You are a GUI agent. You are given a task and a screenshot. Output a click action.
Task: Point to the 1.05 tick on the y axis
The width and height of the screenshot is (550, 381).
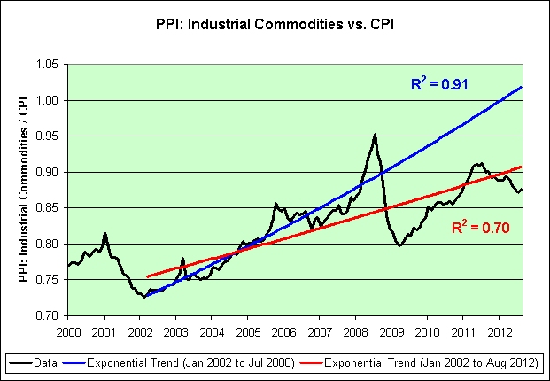pos(46,65)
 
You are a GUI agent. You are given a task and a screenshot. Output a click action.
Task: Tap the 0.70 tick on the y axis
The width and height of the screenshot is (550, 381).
pos(46,315)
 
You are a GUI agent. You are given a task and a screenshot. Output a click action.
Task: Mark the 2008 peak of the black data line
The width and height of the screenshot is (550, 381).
pos(375,135)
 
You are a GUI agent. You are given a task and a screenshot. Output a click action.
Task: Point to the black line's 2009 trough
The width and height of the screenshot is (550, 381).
pos(399,245)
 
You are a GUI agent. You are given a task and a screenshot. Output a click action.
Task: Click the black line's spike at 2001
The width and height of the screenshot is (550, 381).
pos(105,233)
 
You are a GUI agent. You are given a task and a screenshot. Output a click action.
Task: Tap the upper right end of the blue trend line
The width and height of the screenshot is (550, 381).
pos(522,87)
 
